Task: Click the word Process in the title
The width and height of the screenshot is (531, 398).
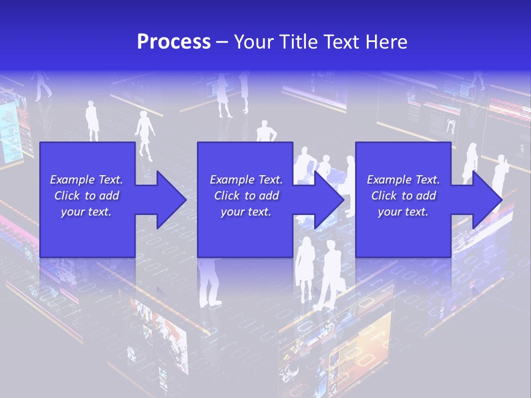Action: pyautogui.click(x=174, y=42)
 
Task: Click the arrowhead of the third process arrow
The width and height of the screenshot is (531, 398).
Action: pyautogui.click(x=487, y=200)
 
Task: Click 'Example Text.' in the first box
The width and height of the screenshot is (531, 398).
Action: pyautogui.click(x=86, y=180)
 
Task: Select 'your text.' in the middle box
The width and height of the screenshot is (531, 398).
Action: pyautogui.click(x=246, y=212)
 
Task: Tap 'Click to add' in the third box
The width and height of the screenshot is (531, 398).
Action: pyautogui.click(x=403, y=196)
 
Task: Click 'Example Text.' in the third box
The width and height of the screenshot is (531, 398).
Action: pyautogui.click(x=403, y=180)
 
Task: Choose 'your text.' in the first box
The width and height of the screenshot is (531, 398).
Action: pyautogui.click(x=86, y=212)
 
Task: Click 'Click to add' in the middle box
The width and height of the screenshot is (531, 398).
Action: pyautogui.click(x=246, y=196)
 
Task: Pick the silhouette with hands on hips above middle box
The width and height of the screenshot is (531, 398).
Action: pyautogui.click(x=266, y=133)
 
